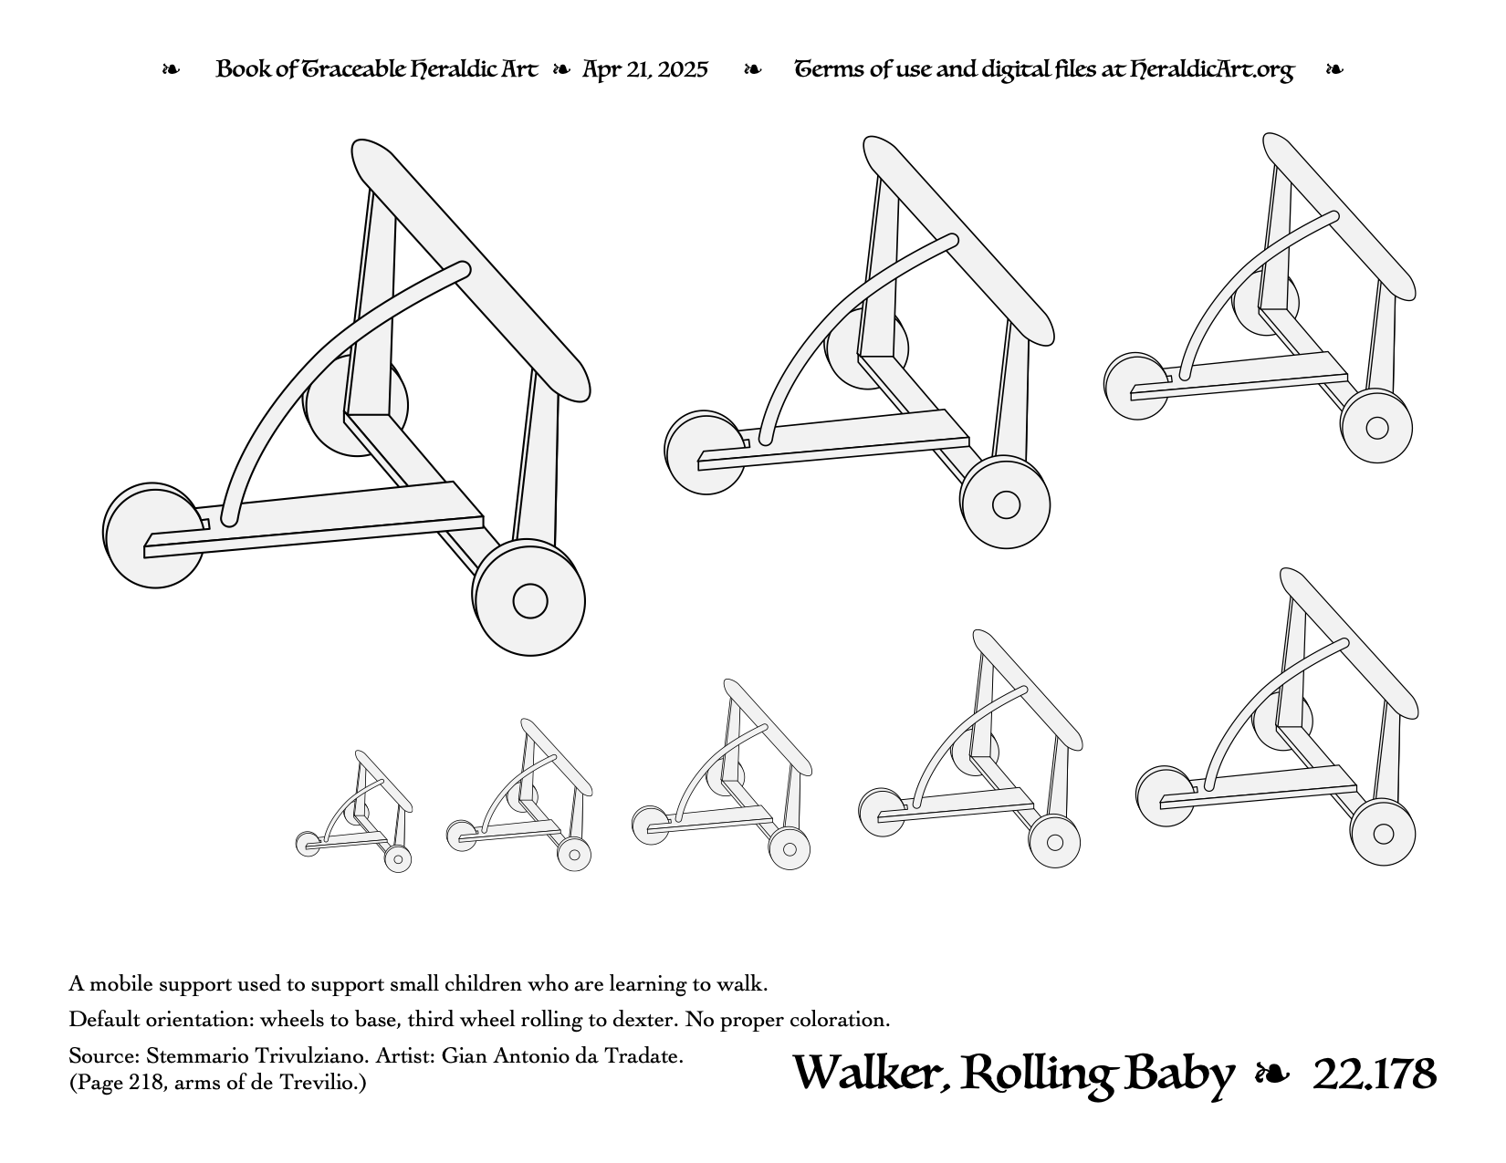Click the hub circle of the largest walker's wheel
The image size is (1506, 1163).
tap(530, 600)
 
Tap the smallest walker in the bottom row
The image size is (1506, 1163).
tap(354, 811)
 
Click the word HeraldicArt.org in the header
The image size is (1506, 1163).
tap(1212, 69)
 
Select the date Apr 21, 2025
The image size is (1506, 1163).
tap(645, 69)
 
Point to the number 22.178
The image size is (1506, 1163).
tap(1375, 1074)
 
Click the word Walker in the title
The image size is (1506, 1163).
tap(871, 1074)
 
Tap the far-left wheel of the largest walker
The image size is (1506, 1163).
tap(153, 535)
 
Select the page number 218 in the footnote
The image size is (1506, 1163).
tap(148, 1083)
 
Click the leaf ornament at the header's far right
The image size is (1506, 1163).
tap(1334, 70)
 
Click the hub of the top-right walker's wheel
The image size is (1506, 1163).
tap(1376, 428)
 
